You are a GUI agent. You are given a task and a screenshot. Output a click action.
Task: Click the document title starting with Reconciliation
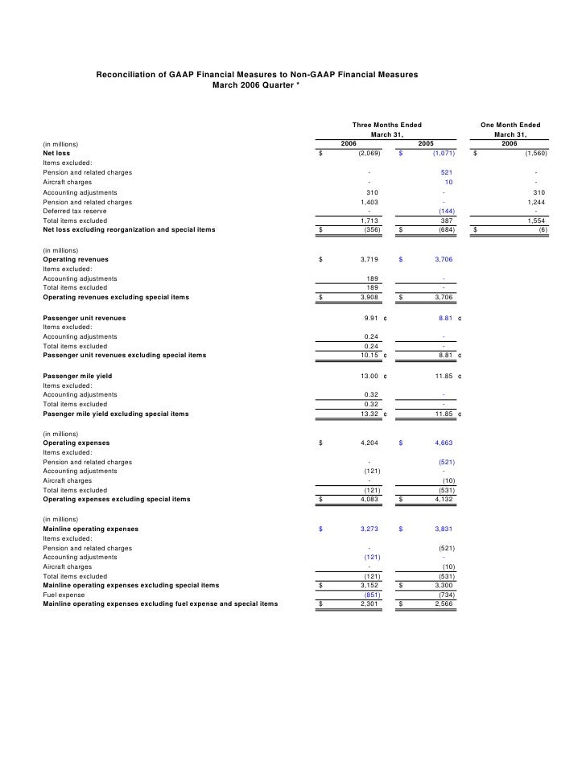coord(257,74)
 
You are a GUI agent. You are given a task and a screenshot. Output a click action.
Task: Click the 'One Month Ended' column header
coord(510,125)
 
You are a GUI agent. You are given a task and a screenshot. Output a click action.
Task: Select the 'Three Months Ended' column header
coord(387,125)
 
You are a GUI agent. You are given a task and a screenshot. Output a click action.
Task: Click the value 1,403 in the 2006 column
coord(369,202)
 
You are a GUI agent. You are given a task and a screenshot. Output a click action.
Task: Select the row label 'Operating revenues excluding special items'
coord(116,298)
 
